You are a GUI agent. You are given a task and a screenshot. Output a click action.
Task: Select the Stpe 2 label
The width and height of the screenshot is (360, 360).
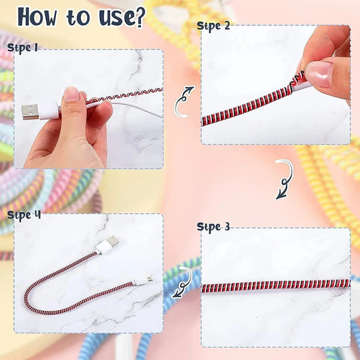tap(213, 26)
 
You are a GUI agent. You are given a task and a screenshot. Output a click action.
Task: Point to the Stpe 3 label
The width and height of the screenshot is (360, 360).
tap(213, 226)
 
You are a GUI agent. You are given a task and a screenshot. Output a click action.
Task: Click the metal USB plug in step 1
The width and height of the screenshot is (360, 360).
tap(30, 111)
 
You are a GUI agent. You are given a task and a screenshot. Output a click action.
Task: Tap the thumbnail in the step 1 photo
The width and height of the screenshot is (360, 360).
tap(72, 95)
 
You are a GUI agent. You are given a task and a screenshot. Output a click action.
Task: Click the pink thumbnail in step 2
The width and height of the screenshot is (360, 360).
tap(318, 72)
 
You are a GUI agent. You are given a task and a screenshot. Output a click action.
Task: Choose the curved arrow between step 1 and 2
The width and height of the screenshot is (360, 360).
tap(184, 99)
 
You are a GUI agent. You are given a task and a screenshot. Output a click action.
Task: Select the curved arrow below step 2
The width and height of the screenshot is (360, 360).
tap(284, 179)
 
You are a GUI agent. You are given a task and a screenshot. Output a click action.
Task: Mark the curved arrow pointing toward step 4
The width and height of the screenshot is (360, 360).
tap(182, 282)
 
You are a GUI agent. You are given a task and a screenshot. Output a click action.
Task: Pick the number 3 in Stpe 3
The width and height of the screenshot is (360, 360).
tap(226, 226)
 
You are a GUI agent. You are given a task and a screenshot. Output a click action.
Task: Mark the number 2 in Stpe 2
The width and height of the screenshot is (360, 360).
tap(226, 26)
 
